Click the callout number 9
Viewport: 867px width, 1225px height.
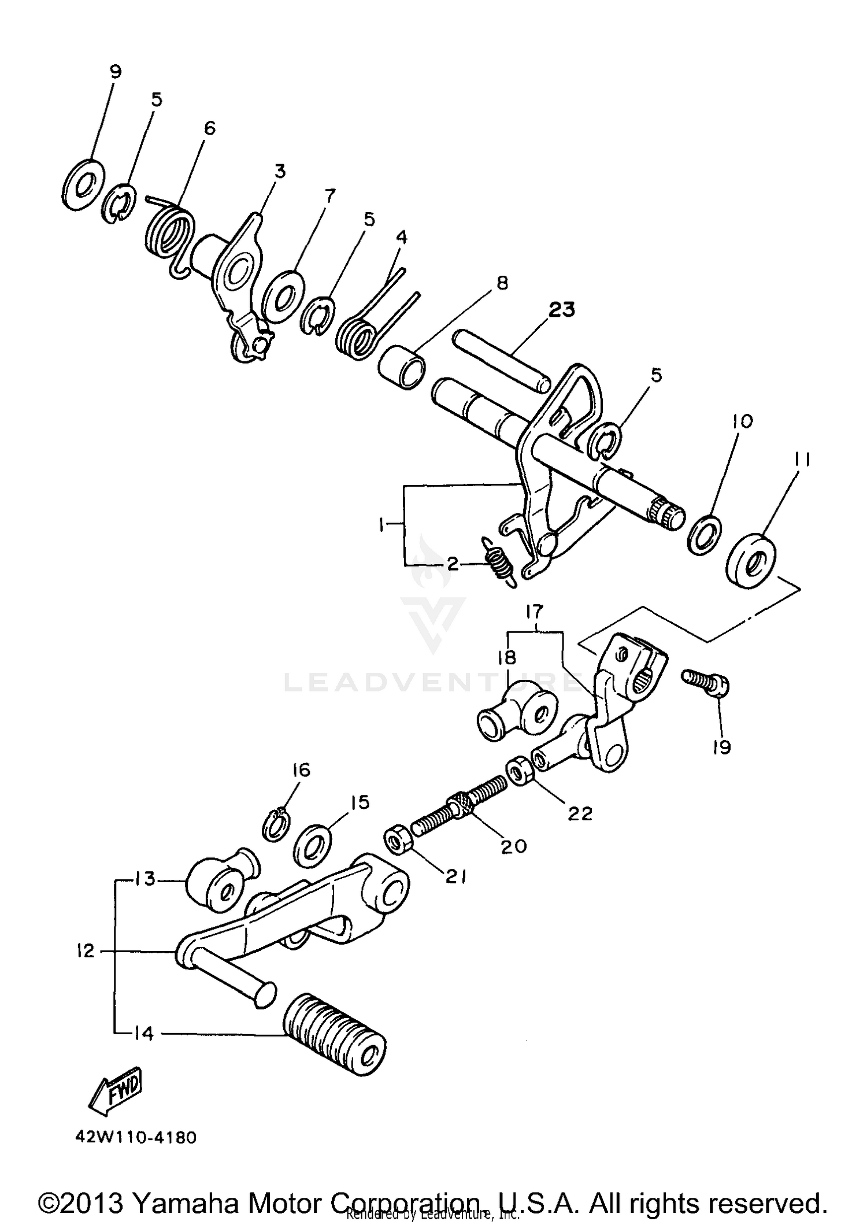coord(115,71)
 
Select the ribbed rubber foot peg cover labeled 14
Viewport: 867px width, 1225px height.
coord(334,1032)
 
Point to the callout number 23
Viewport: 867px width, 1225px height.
coord(562,309)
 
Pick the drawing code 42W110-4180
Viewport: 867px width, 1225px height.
coord(136,1138)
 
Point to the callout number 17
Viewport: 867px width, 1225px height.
coord(535,611)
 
